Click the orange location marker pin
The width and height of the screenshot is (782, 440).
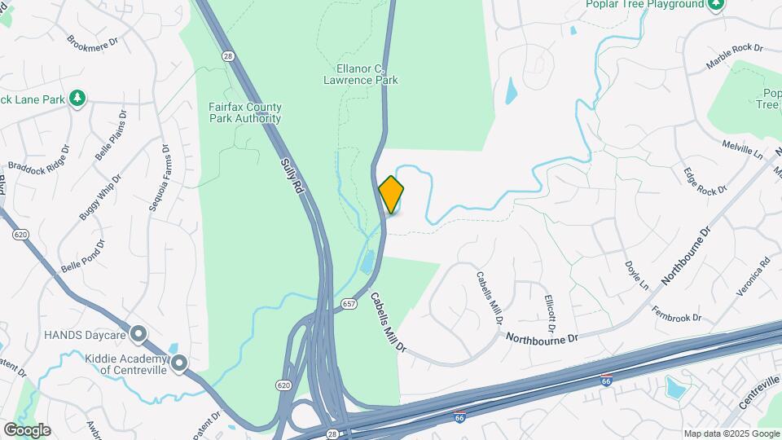(x=391, y=194)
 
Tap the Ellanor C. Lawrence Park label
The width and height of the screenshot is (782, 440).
(x=360, y=75)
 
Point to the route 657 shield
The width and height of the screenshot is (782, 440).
(x=349, y=303)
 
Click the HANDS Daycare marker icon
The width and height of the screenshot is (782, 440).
(x=138, y=333)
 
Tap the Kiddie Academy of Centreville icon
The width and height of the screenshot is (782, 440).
(x=179, y=363)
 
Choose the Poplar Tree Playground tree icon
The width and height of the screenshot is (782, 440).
(x=715, y=5)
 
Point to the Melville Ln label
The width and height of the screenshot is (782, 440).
(x=741, y=149)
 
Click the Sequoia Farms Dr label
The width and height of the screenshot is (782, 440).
(x=159, y=178)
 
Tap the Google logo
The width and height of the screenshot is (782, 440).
(x=27, y=430)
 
